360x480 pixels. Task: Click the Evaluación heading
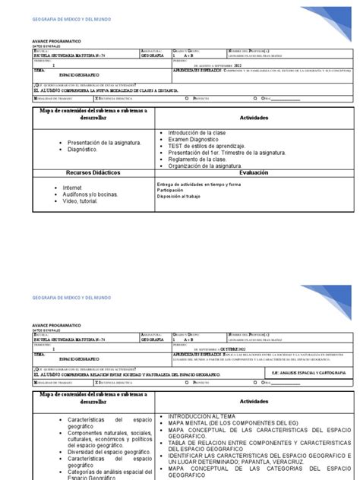pos(259,173)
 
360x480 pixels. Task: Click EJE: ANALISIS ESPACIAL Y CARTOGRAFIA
pos(300,352)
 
